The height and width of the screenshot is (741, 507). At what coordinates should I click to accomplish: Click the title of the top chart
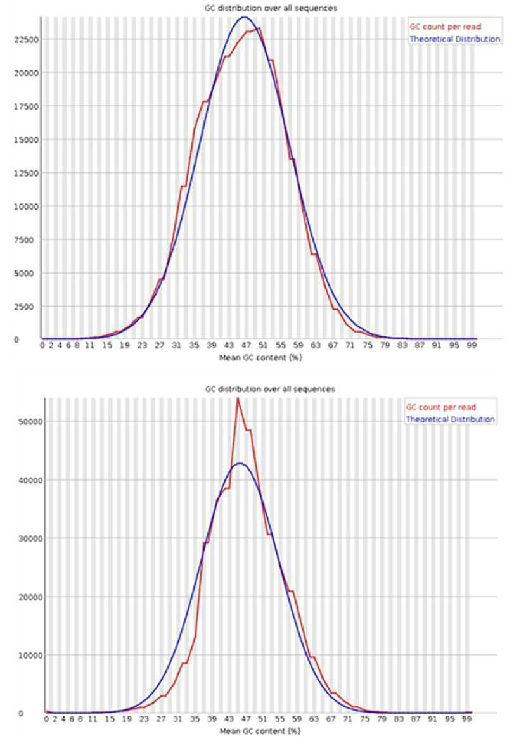[x=271, y=8]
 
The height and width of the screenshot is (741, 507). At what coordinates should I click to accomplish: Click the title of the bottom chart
[x=270, y=389]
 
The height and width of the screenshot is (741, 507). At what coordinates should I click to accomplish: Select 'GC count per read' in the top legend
[x=445, y=27]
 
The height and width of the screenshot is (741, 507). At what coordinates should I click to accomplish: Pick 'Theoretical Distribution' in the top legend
[x=454, y=39]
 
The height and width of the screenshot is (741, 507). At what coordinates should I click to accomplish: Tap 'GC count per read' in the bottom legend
[x=441, y=407]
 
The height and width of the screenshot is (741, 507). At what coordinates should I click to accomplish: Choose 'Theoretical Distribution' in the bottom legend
[x=450, y=419]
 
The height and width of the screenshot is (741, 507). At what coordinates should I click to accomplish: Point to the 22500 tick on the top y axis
[x=27, y=40]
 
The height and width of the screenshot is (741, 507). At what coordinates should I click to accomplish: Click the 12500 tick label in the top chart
[x=27, y=174]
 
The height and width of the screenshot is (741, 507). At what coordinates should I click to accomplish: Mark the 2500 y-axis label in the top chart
[x=29, y=307]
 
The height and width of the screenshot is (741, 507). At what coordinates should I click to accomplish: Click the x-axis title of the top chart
[x=260, y=358]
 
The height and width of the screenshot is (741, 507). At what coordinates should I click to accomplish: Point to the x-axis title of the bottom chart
[x=260, y=731]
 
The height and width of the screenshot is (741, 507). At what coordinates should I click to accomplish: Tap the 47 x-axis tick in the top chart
[x=246, y=345]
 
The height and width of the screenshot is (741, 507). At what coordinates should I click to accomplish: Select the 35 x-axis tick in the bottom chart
[x=195, y=719]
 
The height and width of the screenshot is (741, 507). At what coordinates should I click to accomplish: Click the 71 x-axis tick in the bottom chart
[x=347, y=719]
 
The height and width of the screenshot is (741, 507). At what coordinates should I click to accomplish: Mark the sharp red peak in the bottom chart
[x=238, y=399]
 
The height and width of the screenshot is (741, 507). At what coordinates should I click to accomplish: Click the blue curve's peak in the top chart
[x=244, y=18]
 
